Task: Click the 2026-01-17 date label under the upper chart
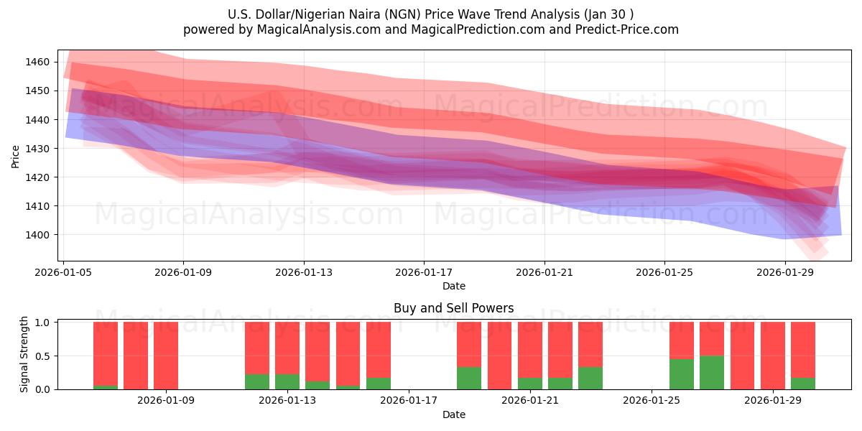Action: click(423, 272)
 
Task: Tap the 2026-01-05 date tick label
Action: click(64, 272)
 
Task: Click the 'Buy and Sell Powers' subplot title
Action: click(453, 308)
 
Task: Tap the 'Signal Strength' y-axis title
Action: click(24, 354)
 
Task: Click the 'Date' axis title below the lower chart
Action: click(453, 414)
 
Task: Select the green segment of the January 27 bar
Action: click(712, 372)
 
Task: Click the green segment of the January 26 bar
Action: click(682, 374)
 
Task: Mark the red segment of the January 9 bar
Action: click(166, 355)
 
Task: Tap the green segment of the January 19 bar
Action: click(469, 378)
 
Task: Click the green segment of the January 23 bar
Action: click(590, 378)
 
